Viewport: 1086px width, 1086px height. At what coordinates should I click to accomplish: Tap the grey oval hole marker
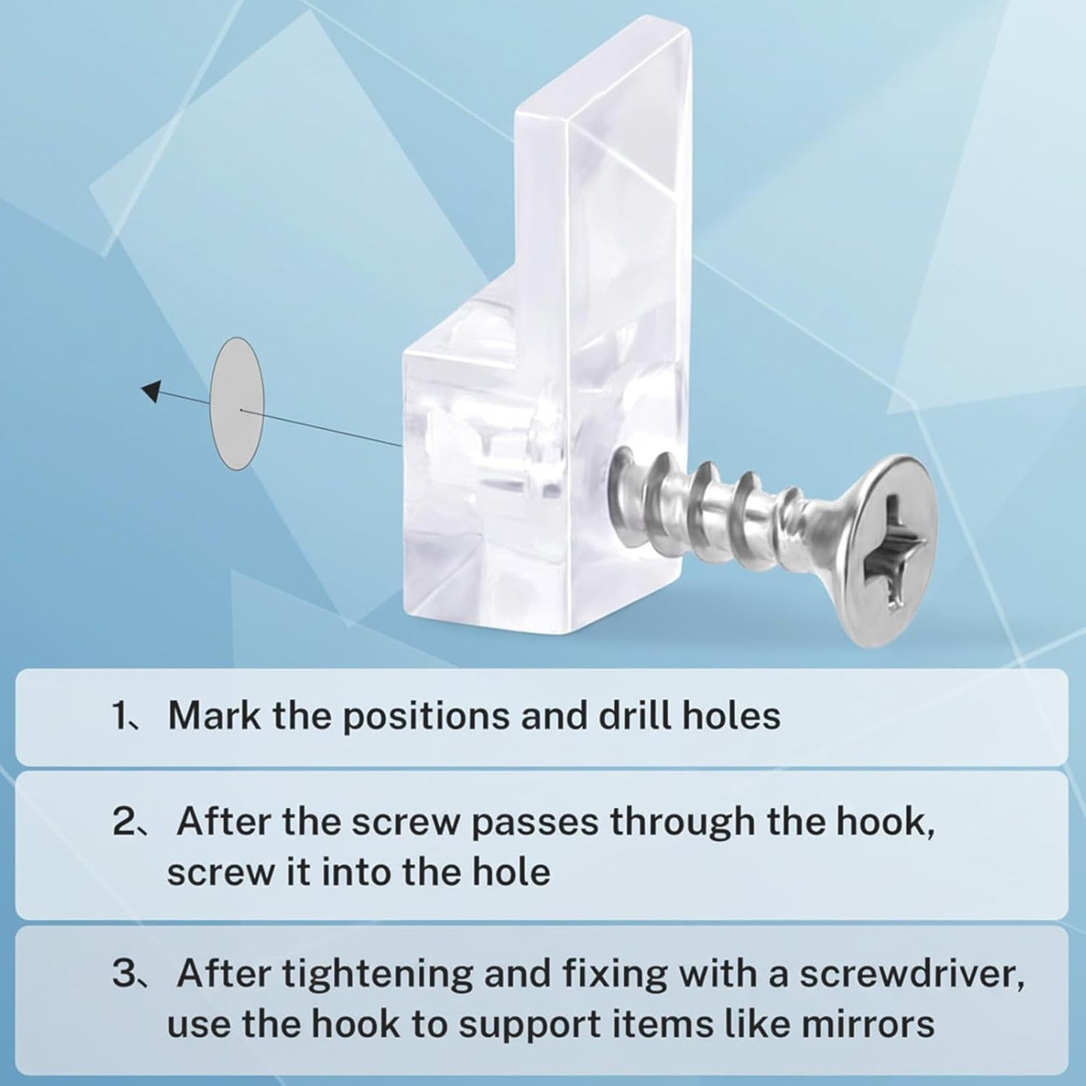click(237, 403)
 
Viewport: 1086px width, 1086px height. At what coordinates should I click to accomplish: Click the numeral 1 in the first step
click(122, 715)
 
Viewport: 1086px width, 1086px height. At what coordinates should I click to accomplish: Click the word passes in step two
click(534, 824)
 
